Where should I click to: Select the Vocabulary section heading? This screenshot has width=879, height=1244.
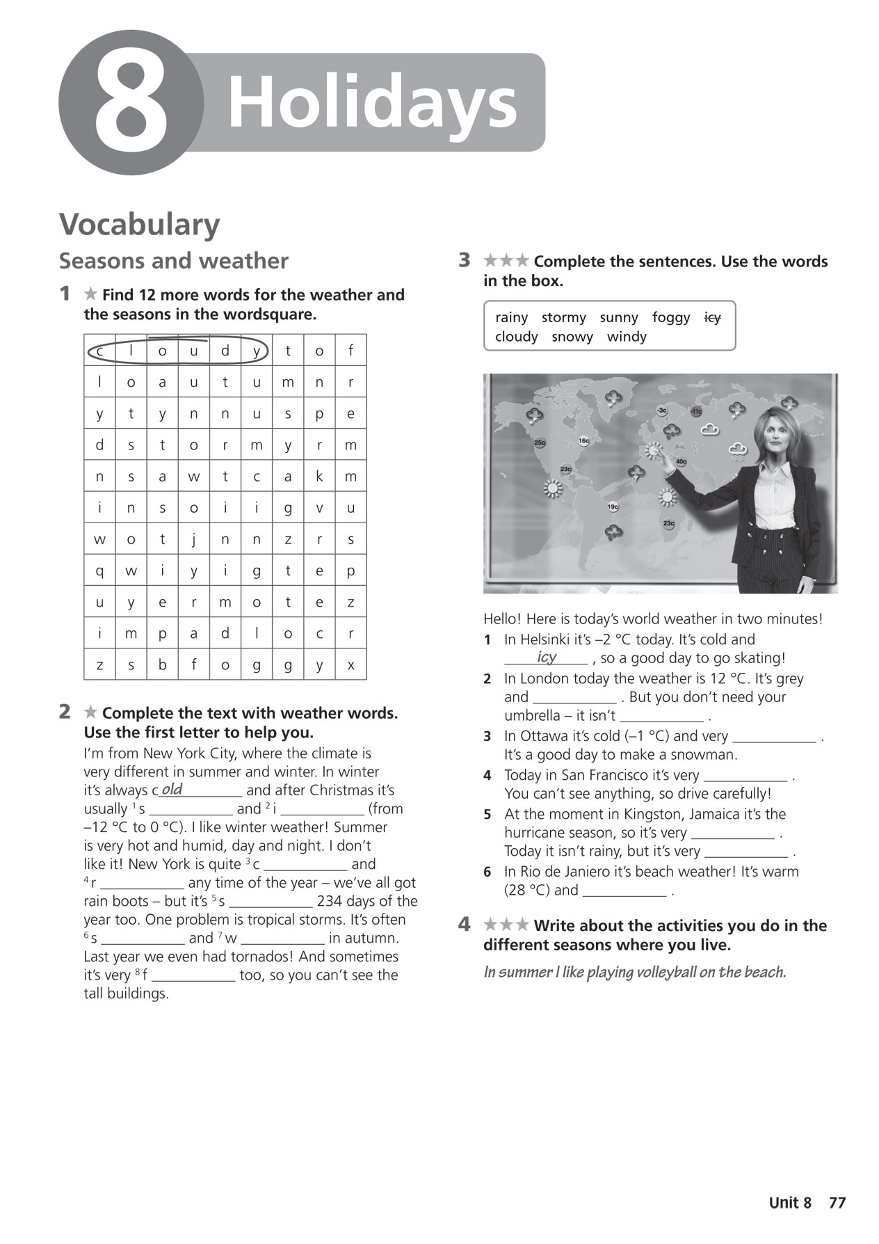click(139, 225)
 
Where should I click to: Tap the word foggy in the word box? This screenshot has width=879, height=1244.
click(671, 318)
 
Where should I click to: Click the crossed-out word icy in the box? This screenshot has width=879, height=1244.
click(713, 318)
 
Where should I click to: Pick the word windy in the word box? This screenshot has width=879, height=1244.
click(627, 337)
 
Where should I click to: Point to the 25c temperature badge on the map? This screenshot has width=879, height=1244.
click(540, 442)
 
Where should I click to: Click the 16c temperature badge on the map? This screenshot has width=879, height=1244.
click(583, 441)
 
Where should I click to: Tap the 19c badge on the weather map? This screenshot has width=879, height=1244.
click(613, 507)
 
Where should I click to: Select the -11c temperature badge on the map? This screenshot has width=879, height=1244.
click(696, 412)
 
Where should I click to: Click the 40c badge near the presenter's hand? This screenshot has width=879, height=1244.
click(681, 461)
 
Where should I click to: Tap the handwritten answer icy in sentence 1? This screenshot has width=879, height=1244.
click(547, 657)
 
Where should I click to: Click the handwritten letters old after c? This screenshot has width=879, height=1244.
click(172, 790)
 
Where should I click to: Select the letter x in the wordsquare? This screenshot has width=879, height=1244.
click(350, 665)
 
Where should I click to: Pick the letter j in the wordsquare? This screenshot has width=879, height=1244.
click(194, 539)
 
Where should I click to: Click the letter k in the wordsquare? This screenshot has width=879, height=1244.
click(319, 476)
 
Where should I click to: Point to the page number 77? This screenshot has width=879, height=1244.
click(837, 1203)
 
